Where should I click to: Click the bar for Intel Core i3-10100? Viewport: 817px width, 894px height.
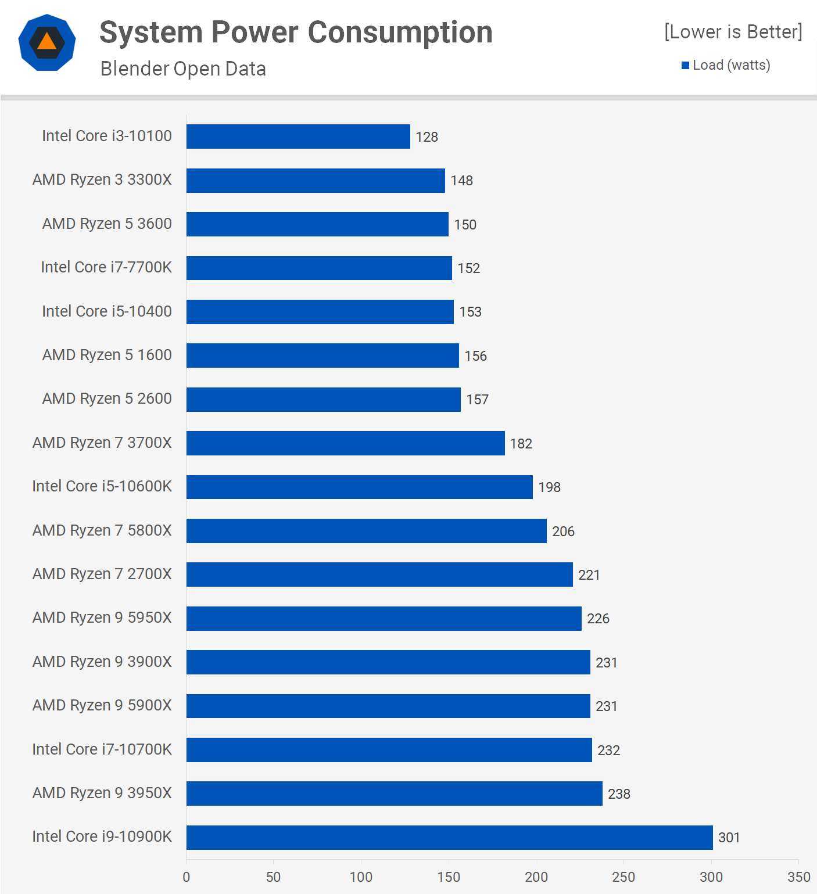tap(298, 137)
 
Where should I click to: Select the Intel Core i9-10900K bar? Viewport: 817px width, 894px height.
tap(449, 837)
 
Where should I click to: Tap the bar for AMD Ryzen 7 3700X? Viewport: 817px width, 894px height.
tap(345, 443)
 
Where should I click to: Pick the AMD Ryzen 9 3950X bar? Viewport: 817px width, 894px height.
tap(394, 794)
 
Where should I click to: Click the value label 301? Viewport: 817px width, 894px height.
tap(729, 838)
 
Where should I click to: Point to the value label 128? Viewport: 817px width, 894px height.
tap(427, 137)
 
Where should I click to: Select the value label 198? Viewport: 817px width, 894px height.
tap(549, 487)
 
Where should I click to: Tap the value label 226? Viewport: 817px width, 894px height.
tap(598, 619)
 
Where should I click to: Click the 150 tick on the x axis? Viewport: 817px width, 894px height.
tap(449, 877)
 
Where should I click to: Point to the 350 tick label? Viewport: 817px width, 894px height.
tap(798, 877)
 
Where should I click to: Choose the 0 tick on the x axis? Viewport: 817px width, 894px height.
tap(186, 877)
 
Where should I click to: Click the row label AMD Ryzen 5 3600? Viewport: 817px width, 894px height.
tap(107, 224)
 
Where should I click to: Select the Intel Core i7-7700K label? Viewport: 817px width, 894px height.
tap(106, 267)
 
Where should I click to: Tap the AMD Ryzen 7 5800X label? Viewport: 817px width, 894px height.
tap(102, 530)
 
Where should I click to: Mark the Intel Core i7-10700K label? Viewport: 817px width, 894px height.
tap(102, 749)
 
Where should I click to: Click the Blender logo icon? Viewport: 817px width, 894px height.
tap(47, 42)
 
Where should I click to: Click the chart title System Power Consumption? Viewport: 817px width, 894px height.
tap(296, 32)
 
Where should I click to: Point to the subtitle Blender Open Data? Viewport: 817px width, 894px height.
tap(183, 69)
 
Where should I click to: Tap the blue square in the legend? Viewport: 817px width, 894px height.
tap(685, 65)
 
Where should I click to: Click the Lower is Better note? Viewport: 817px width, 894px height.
tap(733, 32)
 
